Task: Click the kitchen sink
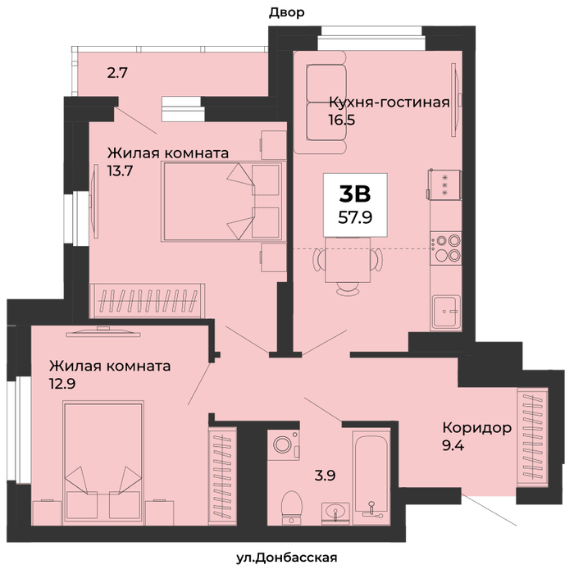(445, 312)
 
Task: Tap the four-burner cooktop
(445, 248)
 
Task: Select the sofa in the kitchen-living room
(321, 102)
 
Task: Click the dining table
(348, 260)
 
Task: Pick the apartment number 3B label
(355, 194)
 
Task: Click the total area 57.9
(355, 218)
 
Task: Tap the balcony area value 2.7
(117, 73)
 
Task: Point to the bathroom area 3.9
(325, 476)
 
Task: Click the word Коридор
(477, 427)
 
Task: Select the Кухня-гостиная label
(389, 102)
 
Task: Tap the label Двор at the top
(287, 13)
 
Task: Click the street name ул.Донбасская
(287, 558)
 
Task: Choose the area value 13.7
(120, 171)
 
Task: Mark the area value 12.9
(62, 384)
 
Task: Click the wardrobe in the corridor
(533, 437)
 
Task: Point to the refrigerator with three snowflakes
(444, 184)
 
